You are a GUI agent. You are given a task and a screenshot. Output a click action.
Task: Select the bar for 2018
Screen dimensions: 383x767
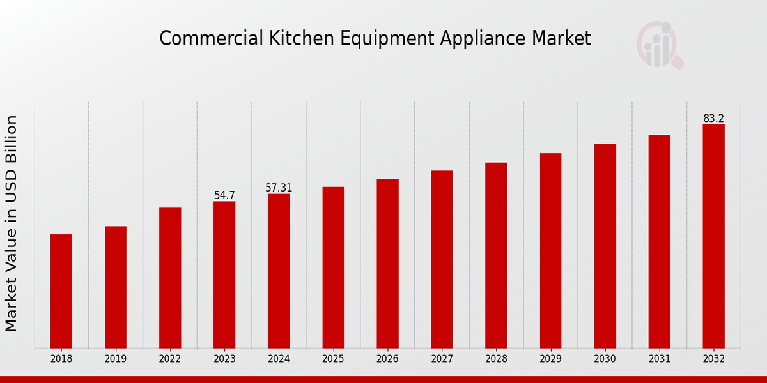(x=61, y=291)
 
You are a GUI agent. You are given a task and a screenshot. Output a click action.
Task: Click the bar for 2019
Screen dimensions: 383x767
(x=116, y=287)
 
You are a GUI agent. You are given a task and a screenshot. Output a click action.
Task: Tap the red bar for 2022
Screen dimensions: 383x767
(x=170, y=278)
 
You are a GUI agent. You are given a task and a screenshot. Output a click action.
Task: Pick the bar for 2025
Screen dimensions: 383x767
(x=333, y=267)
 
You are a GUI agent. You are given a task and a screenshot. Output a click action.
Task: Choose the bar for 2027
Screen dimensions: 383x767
(x=442, y=259)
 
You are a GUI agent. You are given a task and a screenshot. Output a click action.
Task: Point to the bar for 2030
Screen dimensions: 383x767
(x=605, y=246)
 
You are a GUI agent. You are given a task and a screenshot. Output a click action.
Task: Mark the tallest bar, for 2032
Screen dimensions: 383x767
(x=713, y=236)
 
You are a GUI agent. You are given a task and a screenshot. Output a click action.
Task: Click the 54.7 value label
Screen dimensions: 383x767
(x=224, y=195)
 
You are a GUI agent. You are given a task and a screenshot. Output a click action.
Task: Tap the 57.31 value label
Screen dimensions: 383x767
(x=279, y=188)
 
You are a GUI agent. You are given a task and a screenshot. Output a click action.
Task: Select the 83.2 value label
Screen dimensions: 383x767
(x=713, y=119)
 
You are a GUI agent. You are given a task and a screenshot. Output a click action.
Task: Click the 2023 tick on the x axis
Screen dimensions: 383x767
(x=224, y=359)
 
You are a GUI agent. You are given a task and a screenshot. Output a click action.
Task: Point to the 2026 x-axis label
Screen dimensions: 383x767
(x=387, y=359)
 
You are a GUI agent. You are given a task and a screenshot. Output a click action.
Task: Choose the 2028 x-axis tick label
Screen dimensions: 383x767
(x=496, y=359)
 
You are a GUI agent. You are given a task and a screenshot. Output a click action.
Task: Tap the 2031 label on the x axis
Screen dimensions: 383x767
(x=659, y=359)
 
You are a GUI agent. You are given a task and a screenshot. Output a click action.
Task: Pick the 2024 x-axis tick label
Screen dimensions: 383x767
(x=279, y=359)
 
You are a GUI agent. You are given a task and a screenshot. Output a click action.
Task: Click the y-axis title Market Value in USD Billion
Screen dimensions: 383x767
(x=12, y=223)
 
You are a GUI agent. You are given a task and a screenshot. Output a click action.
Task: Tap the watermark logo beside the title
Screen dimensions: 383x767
(x=659, y=45)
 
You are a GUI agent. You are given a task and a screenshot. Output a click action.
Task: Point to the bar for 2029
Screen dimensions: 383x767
(x=550, y=250)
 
